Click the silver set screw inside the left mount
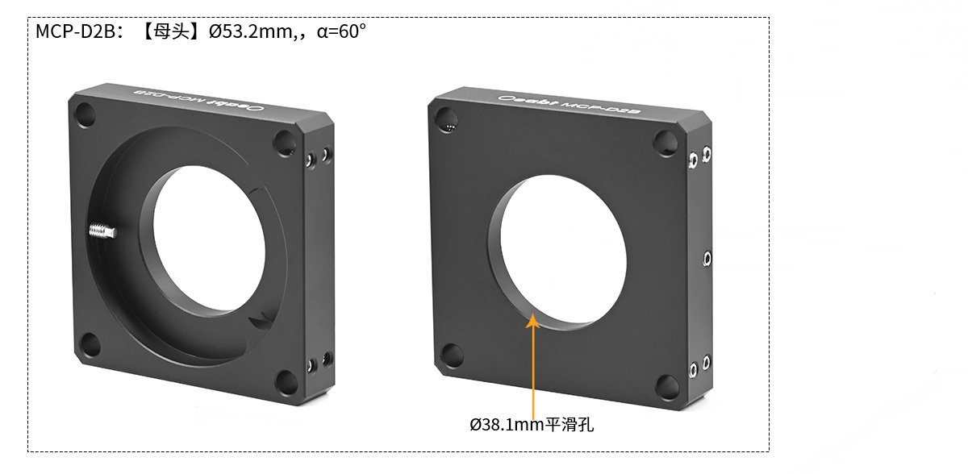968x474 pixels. pyautogui.click(x=102, y=231)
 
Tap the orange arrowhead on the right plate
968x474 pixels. pyautogui.click(x=532, y=321)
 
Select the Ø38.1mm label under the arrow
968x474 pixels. pyautogui.click(x=506, y=425)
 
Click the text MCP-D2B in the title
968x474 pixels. pyautogui.click(x=76, y=31)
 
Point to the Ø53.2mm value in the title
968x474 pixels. pyautogui.click(x=251, y=31)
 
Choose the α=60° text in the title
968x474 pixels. pyautogui.click(x=341, y=31)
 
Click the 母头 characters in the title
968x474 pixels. pyautogui.click(x=172, y=31)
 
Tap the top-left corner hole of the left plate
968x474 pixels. pyautogui.click(x=86, y=114)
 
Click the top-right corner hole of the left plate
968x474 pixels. pyautogui.click(x=285, y=143)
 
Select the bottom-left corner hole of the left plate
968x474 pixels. pyautogui.click(x=90, y=344)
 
